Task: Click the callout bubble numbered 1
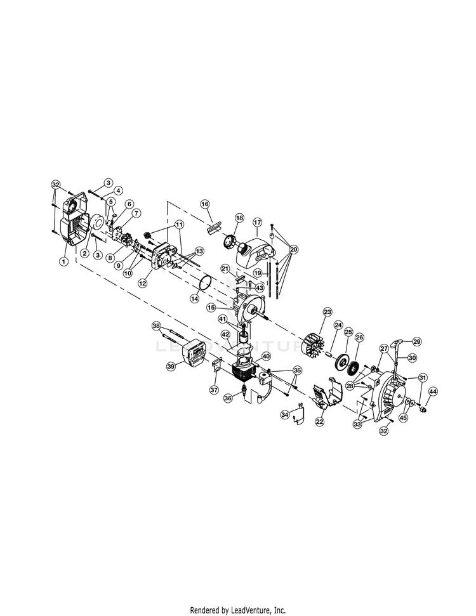click(x=63, y=261)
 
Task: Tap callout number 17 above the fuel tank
click(x=257, y=223)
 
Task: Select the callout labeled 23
click(x=327, y=312)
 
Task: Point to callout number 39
click(x=171, y=367)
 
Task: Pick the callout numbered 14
click(x=195, y=299)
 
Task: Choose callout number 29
click(x=416, y=341)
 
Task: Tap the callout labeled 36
click(x=228, y=398)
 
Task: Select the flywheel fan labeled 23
click(x=314, y=346)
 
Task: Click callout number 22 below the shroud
click(x=320, y=421)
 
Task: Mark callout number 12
click(x=142, y=282)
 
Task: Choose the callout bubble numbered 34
click(x=285, y=414)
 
